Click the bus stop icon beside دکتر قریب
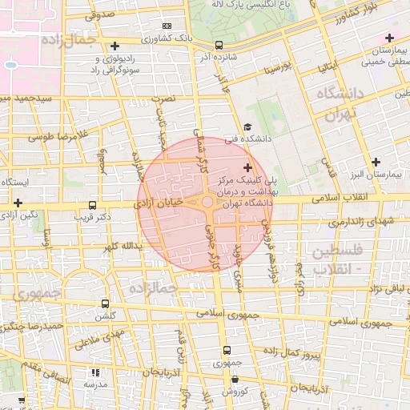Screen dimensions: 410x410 tap(93, 205)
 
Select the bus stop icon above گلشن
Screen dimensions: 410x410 tap(106, 303)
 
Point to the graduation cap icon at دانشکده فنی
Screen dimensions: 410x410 tap(247, 127)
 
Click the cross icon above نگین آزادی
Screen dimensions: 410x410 tap(18, 203)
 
